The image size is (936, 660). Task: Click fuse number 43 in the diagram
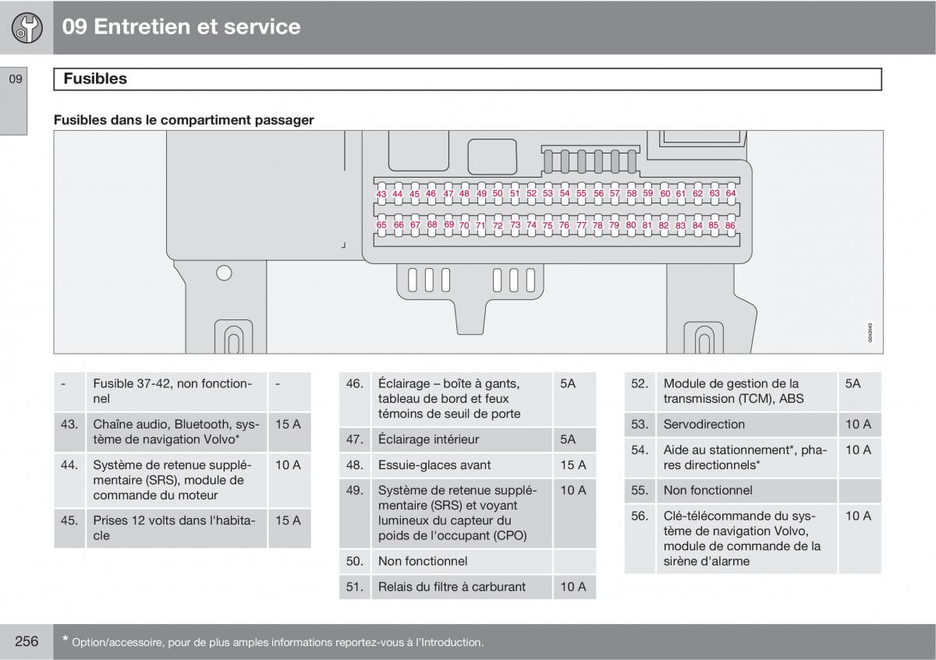(x=381, y=193)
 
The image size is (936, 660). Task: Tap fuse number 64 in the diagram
(x=731, y=192)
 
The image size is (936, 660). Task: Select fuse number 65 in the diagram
(x=381, y=225)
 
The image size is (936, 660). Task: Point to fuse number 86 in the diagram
(x=730, y=225)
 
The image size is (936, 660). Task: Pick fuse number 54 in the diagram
(x=565, y=192)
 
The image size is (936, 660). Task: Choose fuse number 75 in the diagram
(x=548, y=226)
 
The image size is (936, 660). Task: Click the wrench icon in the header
(x=27, y=28)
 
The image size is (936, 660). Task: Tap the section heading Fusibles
(x=94, y=79)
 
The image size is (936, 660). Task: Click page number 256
(x=27, y=641)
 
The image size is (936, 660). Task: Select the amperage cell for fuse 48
(x=573, y=465)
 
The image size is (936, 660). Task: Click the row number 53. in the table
(x=640, y=425)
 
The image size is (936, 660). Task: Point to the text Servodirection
(x=704, y=425)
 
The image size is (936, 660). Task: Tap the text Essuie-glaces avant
(x=434, y=465)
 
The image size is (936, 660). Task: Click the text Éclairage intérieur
(x=428, y=439)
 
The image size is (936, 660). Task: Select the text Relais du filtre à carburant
(x=452, y=587)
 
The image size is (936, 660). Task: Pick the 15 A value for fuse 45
(x=288, y=521)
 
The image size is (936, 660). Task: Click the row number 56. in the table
(x=640, y=516)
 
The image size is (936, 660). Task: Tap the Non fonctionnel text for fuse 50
(x=423, y=561)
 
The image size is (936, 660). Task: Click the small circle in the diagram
(x=224, y=273)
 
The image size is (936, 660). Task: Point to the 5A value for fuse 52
(x=853, y=383)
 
